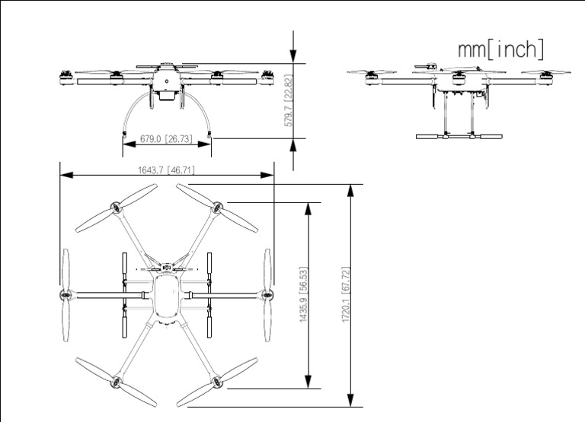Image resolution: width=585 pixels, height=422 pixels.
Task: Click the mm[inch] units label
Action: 500,49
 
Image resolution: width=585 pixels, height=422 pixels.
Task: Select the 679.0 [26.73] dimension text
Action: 166,140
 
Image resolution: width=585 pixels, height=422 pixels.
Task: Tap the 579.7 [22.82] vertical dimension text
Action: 288,100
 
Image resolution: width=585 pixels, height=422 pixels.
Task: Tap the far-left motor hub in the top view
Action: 65,294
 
